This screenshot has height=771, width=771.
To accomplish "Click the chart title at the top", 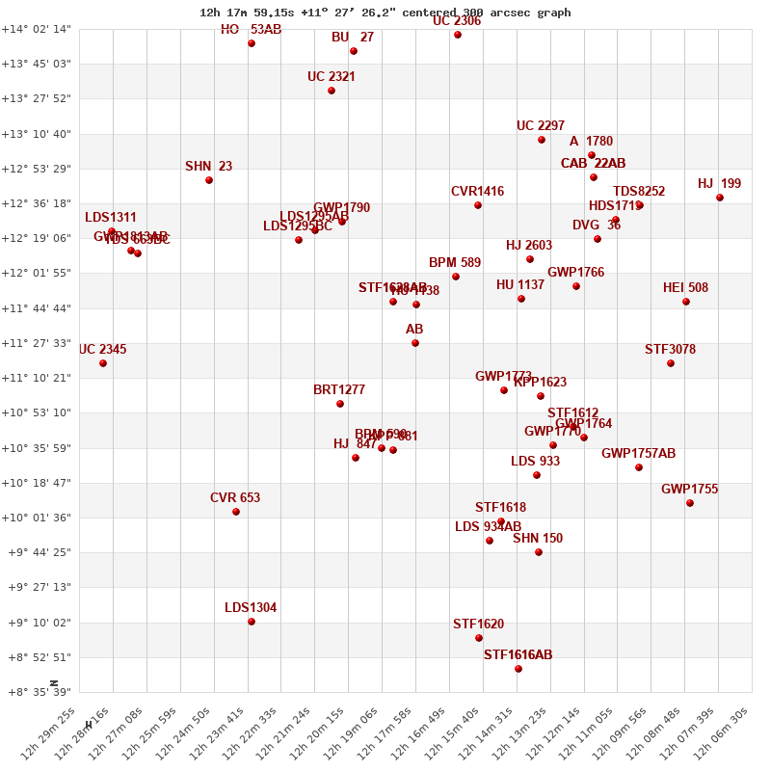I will click(385, 13).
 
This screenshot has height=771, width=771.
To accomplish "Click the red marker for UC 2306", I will click(458, 35).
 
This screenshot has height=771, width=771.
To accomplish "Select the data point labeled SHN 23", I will click(209, 180).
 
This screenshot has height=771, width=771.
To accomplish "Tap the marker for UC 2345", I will click(103, 363).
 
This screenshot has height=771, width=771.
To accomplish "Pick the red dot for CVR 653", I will click(236, 512).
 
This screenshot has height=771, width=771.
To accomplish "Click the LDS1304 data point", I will click(252, 622).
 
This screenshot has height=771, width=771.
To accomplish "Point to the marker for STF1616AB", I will click(518, 669).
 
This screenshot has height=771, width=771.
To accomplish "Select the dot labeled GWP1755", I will click(690, 503).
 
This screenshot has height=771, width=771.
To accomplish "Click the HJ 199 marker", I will click(720, 198).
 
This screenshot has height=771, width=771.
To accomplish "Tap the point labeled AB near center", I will click(415, 343).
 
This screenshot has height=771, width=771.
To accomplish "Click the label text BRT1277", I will click(339, 390).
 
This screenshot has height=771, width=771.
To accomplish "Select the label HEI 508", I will click(685, 288).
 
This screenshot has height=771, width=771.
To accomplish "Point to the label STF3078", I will click(670, 350).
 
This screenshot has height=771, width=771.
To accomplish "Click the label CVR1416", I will click(477, 192).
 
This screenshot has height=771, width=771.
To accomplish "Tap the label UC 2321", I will click(332, 77).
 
